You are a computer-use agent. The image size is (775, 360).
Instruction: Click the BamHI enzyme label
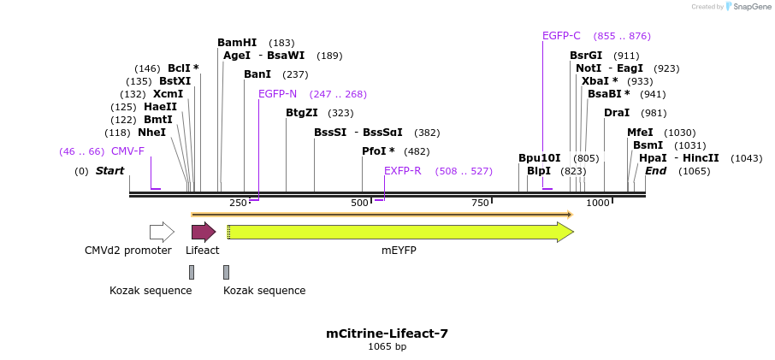pos(237,43)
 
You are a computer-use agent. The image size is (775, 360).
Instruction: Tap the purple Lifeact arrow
pos(203,232)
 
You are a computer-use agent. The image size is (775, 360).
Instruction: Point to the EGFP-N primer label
pos(277,94)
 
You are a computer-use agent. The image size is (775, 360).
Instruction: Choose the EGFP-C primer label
pos(561,36)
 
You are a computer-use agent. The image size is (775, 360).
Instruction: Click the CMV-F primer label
pos(127,151)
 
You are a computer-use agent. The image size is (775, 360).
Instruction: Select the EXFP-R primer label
pos(402,171)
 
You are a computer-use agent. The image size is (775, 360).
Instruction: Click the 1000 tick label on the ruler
pos(598,203)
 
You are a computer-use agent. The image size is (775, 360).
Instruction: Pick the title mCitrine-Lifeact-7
pos(387,333)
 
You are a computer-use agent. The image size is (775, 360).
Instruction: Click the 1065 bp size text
pos(387,347)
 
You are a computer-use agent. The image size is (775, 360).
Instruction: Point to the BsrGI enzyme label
pos(586,56)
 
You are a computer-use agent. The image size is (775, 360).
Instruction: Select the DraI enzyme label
pos(617,113)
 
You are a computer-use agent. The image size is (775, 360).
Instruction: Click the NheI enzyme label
pos(151,133)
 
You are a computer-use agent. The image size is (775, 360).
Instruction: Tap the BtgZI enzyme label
pos(301,113)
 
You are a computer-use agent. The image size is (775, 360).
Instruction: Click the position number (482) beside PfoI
pos(417,151)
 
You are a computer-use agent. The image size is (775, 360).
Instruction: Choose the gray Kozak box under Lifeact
pos(192,272)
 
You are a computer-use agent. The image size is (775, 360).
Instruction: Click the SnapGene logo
pos(747,7)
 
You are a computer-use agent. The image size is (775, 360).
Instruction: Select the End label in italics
pos(655,171)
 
